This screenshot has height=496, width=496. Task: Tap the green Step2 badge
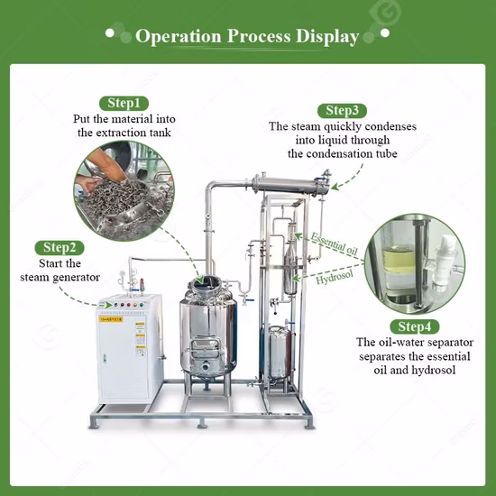[x=60, y=247]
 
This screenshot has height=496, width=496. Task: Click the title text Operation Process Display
[x=247, y=37]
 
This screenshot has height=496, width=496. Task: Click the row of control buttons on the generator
[x=124, y=303]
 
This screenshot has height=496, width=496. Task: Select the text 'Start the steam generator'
[x=60, y=270]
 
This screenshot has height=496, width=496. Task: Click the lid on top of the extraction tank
[x=208, y=287]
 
